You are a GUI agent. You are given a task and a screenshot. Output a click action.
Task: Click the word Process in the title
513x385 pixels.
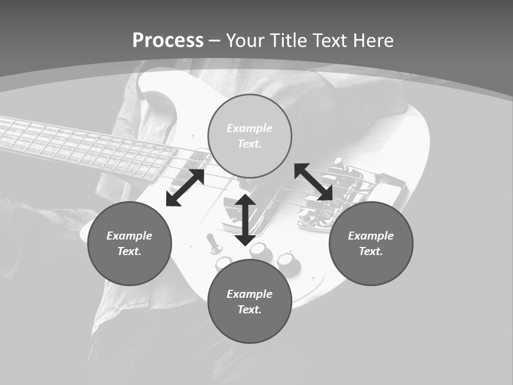tap(168, 41)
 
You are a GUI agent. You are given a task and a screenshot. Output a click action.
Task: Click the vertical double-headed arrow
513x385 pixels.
tap(245, 220)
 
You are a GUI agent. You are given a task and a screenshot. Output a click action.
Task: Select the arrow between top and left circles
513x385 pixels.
tap(185, 188)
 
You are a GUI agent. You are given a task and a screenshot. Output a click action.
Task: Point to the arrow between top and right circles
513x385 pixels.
tap(314, 182)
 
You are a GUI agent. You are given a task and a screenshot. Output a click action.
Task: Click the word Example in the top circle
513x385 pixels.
tap(250, 128)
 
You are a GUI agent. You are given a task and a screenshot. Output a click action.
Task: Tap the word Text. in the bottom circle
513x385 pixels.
tap(250, 310)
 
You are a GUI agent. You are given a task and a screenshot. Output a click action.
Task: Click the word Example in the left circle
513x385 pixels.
tap(129, 236)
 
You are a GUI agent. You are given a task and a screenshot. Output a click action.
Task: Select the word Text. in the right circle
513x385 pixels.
tap(371, 251)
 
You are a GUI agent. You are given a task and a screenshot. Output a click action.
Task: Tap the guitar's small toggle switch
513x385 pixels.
tap(214, 243)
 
